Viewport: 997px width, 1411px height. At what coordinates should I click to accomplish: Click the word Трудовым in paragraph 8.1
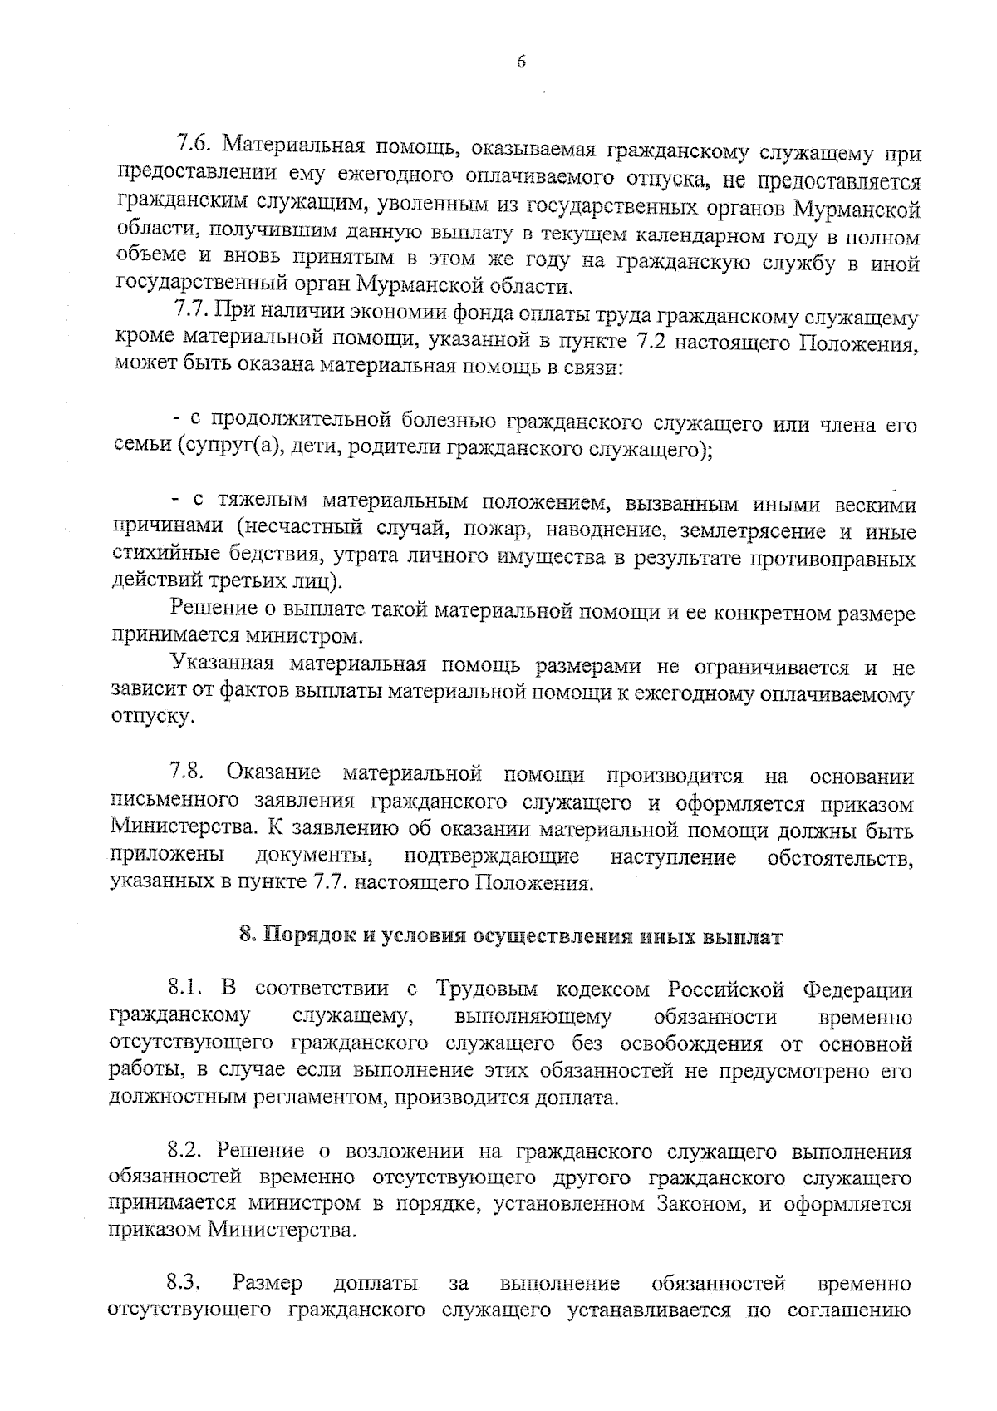[487, 989]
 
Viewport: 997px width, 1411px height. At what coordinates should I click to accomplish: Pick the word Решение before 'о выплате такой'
[211, 609]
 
